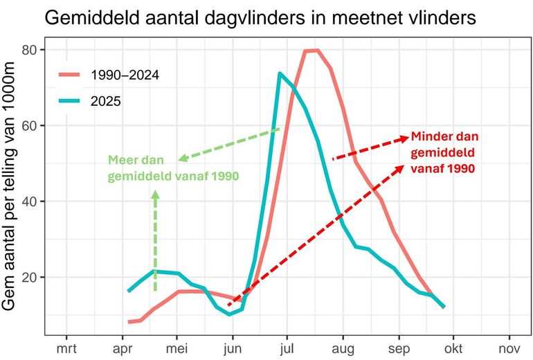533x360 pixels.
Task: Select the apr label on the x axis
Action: pos(122,349)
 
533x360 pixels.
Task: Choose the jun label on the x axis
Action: pos(233,349)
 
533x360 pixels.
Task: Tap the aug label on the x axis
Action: pos(343,349)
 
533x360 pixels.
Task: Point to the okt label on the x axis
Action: pos(454,349)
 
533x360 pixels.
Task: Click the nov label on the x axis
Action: pos(509,349)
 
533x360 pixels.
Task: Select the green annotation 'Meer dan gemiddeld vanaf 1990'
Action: pos(173,168)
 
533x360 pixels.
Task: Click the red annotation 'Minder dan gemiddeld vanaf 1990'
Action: pos(444,152)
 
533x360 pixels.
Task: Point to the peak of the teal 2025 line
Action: pos(280,73)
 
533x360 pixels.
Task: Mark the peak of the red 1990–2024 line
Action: pos(311,51)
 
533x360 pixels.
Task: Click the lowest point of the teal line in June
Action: pos(230,314)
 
